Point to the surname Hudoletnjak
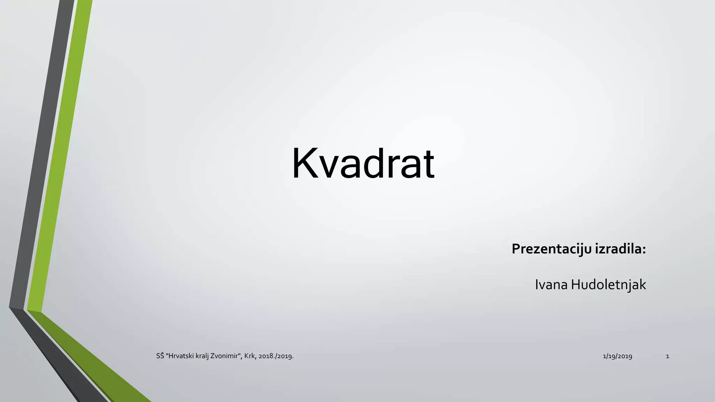(609, 285)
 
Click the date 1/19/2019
(617, 356)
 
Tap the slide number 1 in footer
(668, 356)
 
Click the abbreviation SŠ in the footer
(160, 356)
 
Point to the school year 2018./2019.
(276, 356)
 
